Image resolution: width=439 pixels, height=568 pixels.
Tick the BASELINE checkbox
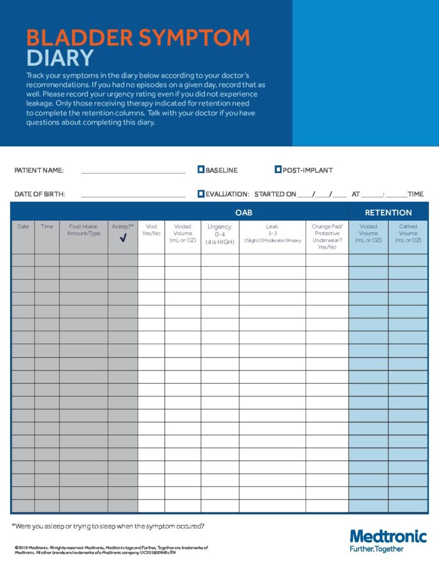pos(201,170)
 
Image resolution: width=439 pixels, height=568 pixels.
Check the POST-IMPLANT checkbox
pos(278,170)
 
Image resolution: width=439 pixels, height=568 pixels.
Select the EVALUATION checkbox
pos(201,194)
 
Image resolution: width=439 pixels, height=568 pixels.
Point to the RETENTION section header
pos(388,212)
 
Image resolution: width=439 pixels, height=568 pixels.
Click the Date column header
pos(23,227)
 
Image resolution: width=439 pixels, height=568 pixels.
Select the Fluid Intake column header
pos(84,230)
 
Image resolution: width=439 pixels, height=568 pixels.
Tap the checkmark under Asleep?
pos(123,239)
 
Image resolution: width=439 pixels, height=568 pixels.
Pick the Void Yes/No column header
pos(151,230)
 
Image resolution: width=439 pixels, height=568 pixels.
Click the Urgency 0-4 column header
pos(220,234)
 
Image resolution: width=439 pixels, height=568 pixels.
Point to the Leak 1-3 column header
pos(272,233)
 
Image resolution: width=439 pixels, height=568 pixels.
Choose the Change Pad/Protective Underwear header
pos(327,237)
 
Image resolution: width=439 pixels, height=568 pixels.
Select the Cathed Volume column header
pos(408,234)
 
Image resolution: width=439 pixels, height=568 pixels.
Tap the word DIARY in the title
pos(60,58)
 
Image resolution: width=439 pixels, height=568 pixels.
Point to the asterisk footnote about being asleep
pos(108,526)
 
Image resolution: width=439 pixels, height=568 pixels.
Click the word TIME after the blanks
pos(415,194)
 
